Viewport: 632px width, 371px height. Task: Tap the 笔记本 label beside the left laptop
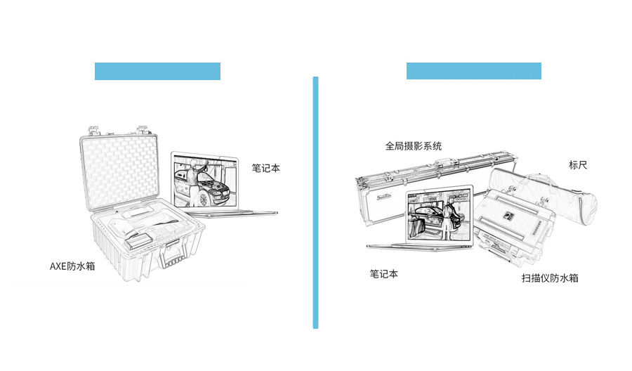click(266, 169)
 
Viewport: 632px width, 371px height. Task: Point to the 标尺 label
click(578, 166)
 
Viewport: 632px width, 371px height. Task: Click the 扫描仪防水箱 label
click(550, 278)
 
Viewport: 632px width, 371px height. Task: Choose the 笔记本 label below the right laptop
click(384, 274)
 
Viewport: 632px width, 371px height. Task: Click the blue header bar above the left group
click(157, 71)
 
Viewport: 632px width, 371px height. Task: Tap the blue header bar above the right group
click(473, 71)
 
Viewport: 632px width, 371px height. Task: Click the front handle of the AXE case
click(173, 255)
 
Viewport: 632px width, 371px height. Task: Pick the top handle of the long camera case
click(447, 163)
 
